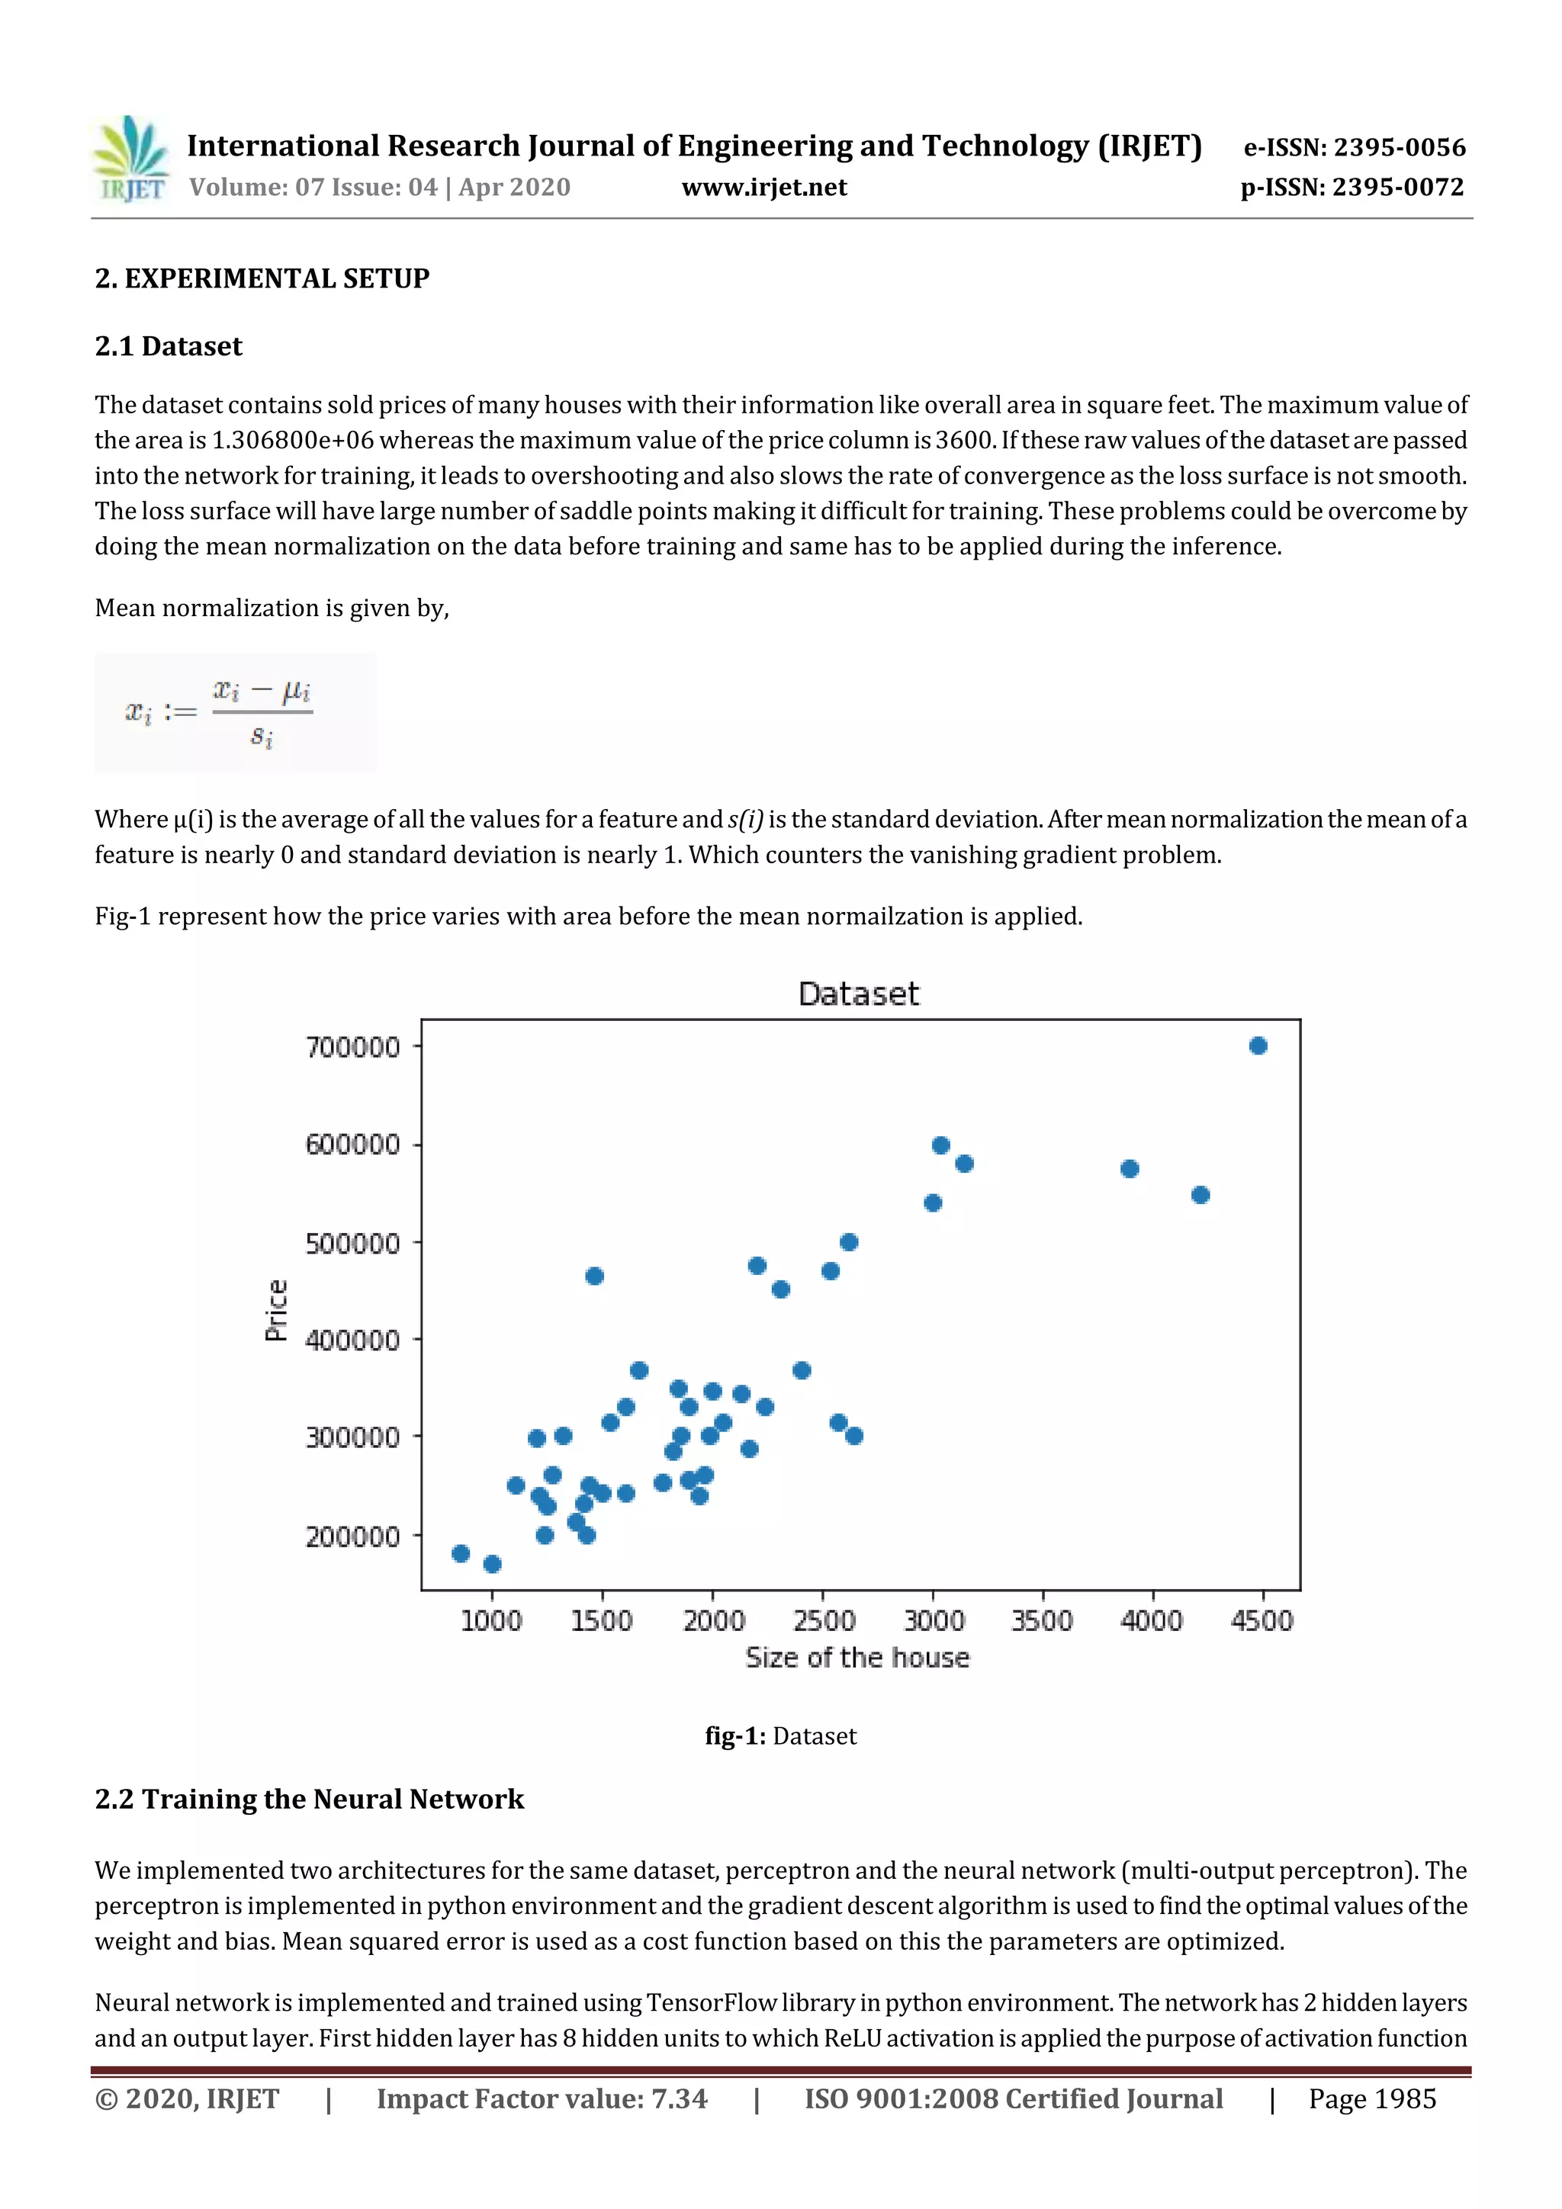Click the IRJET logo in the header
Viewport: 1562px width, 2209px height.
click(132, 159)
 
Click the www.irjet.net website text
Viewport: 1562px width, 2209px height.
click(763, 188)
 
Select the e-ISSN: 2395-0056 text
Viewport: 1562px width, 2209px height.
click(1354, 147)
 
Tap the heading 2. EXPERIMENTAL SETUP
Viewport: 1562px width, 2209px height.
click(262, 279)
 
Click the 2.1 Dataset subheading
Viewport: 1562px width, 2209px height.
click(169, 346)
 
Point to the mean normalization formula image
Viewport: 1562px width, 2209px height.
click(235, 713)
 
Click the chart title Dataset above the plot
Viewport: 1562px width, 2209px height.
click(859, 994)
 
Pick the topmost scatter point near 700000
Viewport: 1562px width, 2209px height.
click(1258, 1046)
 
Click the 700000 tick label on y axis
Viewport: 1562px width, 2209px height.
click(352, 1047)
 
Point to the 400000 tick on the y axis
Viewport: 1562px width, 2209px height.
click(352, 1340)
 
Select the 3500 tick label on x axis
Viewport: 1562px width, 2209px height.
click(1041, 1621)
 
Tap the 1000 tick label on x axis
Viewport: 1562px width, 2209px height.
click(491, 1621)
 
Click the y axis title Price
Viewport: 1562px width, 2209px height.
click(276, 1311)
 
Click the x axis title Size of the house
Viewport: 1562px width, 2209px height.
click(857, 1658)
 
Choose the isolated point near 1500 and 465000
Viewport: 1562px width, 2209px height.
click(594, 1276)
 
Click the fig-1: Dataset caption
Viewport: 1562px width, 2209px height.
click(780, 1735)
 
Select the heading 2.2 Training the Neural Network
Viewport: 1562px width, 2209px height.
click(309, 1799)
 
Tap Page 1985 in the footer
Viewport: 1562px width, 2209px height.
click(1371, 2099)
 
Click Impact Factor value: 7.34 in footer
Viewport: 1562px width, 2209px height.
click(542, 2099)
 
